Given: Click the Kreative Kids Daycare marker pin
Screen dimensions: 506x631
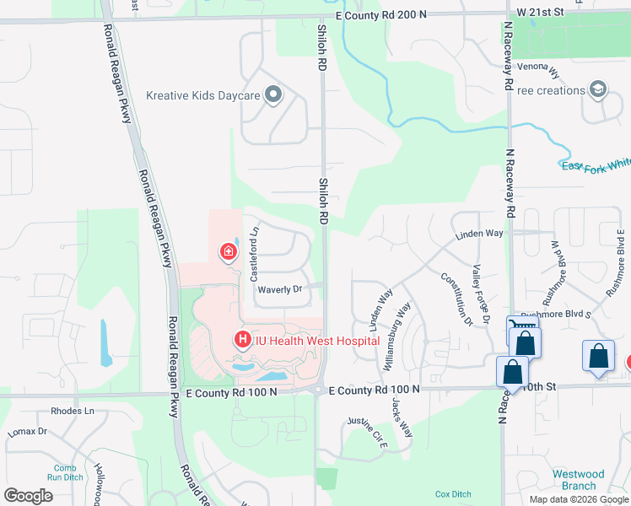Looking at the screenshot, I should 272,95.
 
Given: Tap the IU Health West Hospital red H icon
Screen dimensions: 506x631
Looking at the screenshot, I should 242,341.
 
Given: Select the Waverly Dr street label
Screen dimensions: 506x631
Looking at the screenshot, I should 280,289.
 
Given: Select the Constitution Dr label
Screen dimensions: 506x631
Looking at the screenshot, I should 456,299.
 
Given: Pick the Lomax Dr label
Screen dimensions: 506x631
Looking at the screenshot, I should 28,431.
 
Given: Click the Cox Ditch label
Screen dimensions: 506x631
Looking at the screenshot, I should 453,493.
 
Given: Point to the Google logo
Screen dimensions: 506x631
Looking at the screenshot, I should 28,496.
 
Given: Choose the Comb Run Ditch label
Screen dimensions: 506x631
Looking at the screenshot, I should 65,473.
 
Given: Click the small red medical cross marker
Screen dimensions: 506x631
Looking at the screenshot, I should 227,251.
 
